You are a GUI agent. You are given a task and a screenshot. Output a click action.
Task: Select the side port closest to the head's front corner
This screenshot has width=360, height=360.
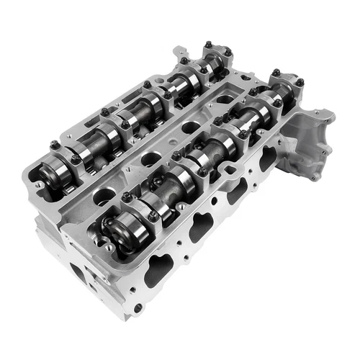[x=160, y=268]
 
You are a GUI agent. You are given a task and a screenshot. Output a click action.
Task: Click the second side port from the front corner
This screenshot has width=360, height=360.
[x=201, y=227]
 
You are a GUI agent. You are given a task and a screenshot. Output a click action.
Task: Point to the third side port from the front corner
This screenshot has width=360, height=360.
[x=237, y=191]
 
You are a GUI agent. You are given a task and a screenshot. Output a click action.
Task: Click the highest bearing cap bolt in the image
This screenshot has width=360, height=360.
[x=207, y=45]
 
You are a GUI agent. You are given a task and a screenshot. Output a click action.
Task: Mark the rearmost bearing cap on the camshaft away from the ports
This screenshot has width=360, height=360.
[x=217, y=58]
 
